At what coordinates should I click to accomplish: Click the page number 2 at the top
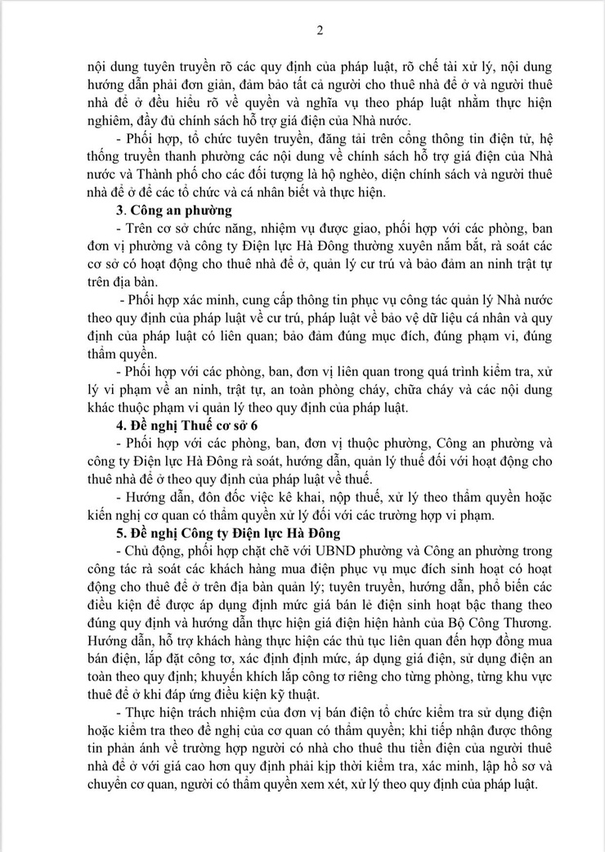320,31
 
